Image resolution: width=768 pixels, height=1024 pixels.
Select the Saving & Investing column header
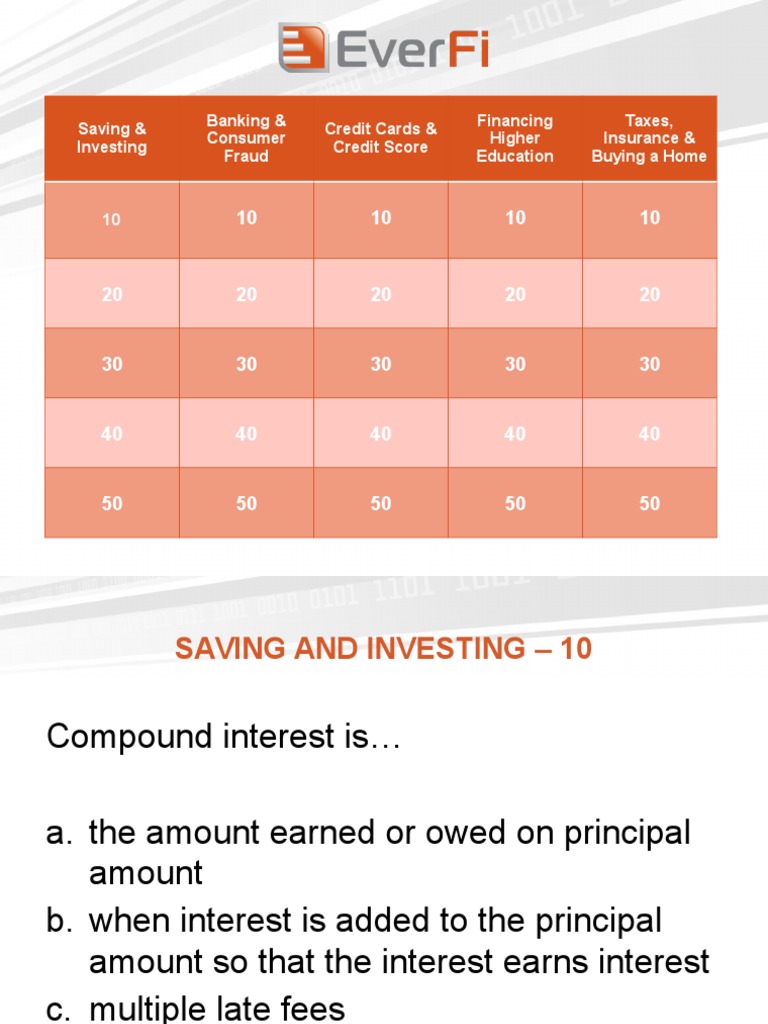112,138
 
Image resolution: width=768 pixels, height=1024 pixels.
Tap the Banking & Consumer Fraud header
246,138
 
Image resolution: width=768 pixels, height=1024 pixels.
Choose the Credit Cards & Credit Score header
381,138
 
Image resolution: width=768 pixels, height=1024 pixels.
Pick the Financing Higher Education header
515,138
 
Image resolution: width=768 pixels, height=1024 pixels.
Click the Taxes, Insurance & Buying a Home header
649,138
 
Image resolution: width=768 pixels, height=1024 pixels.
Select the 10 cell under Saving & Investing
112,219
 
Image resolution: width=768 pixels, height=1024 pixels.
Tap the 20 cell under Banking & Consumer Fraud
246,294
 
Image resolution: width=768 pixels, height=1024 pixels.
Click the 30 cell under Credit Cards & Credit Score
381,364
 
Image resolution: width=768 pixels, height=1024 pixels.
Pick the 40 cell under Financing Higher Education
515,434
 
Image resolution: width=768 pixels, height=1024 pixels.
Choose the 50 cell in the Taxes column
650,504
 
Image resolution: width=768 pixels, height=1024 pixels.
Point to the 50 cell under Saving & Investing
112,504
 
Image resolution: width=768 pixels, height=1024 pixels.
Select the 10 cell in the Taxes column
650,218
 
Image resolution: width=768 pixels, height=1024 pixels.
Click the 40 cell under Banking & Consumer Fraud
246,434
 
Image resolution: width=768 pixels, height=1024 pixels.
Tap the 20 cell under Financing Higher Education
515,294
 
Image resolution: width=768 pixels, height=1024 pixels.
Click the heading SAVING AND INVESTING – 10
383,649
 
